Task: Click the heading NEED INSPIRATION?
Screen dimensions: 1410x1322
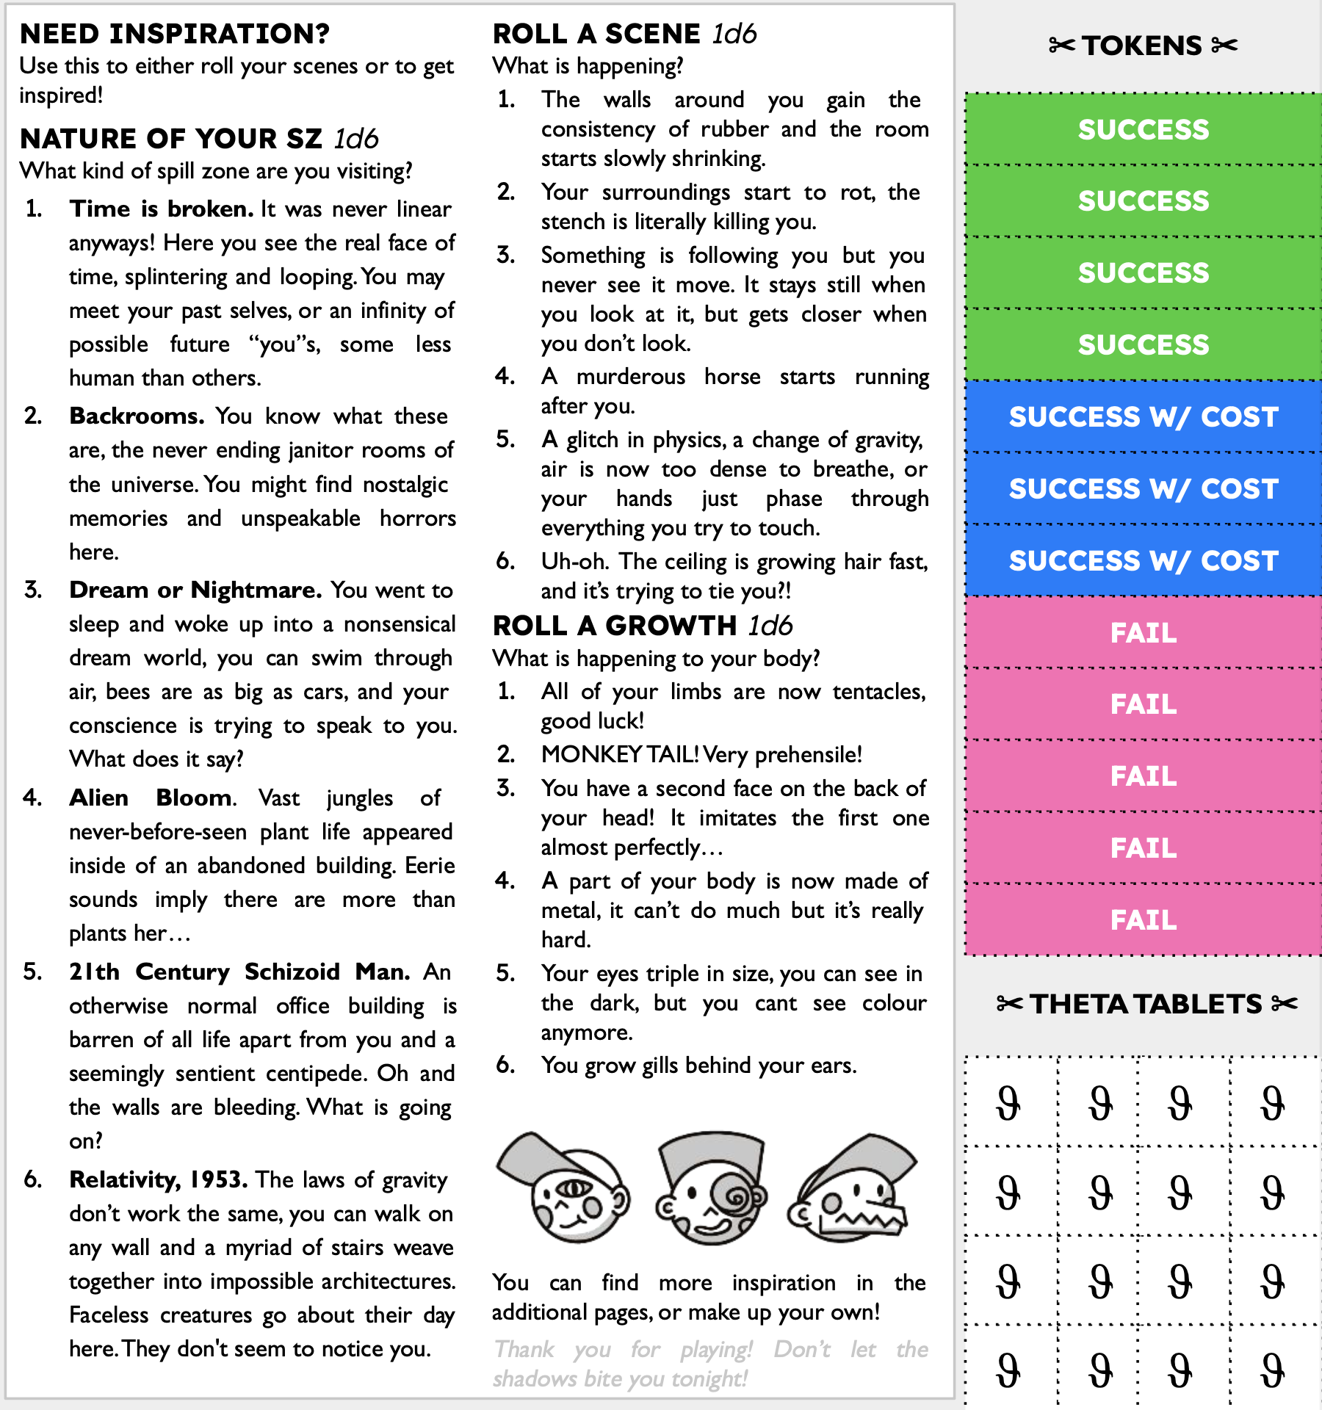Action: (175, 34)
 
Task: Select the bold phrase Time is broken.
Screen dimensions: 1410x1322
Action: (162, 209)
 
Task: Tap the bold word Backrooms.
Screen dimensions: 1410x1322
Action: (137, 416)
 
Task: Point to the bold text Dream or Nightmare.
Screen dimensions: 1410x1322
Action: (195, 590)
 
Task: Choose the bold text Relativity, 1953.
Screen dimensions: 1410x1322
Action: (158, 1180)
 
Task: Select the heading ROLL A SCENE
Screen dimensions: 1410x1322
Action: (596, 34)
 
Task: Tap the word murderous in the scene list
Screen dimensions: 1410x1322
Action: (630, 377)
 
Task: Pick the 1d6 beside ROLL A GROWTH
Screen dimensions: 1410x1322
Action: (770, 626)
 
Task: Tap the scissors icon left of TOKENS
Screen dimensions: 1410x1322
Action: (1062, 46)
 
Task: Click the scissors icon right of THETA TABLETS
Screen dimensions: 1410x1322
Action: (1285, 1003)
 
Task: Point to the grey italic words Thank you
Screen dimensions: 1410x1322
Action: (552, 1350)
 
